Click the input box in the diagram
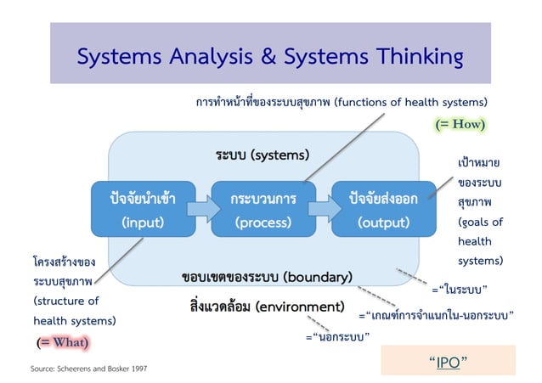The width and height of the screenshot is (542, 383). (137, 210)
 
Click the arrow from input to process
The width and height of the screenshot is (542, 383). (199, 209)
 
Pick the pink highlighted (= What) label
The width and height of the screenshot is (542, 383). (64, 341)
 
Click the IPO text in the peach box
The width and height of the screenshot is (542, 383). (448, 361)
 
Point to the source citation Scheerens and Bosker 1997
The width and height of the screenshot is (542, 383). (93, 369)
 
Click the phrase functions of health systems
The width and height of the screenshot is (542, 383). (410, 104)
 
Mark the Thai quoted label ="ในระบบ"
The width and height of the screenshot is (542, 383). (459, 290)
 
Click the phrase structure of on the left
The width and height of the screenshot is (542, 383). (66, 301)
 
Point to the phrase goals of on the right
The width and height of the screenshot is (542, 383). (480, 222)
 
